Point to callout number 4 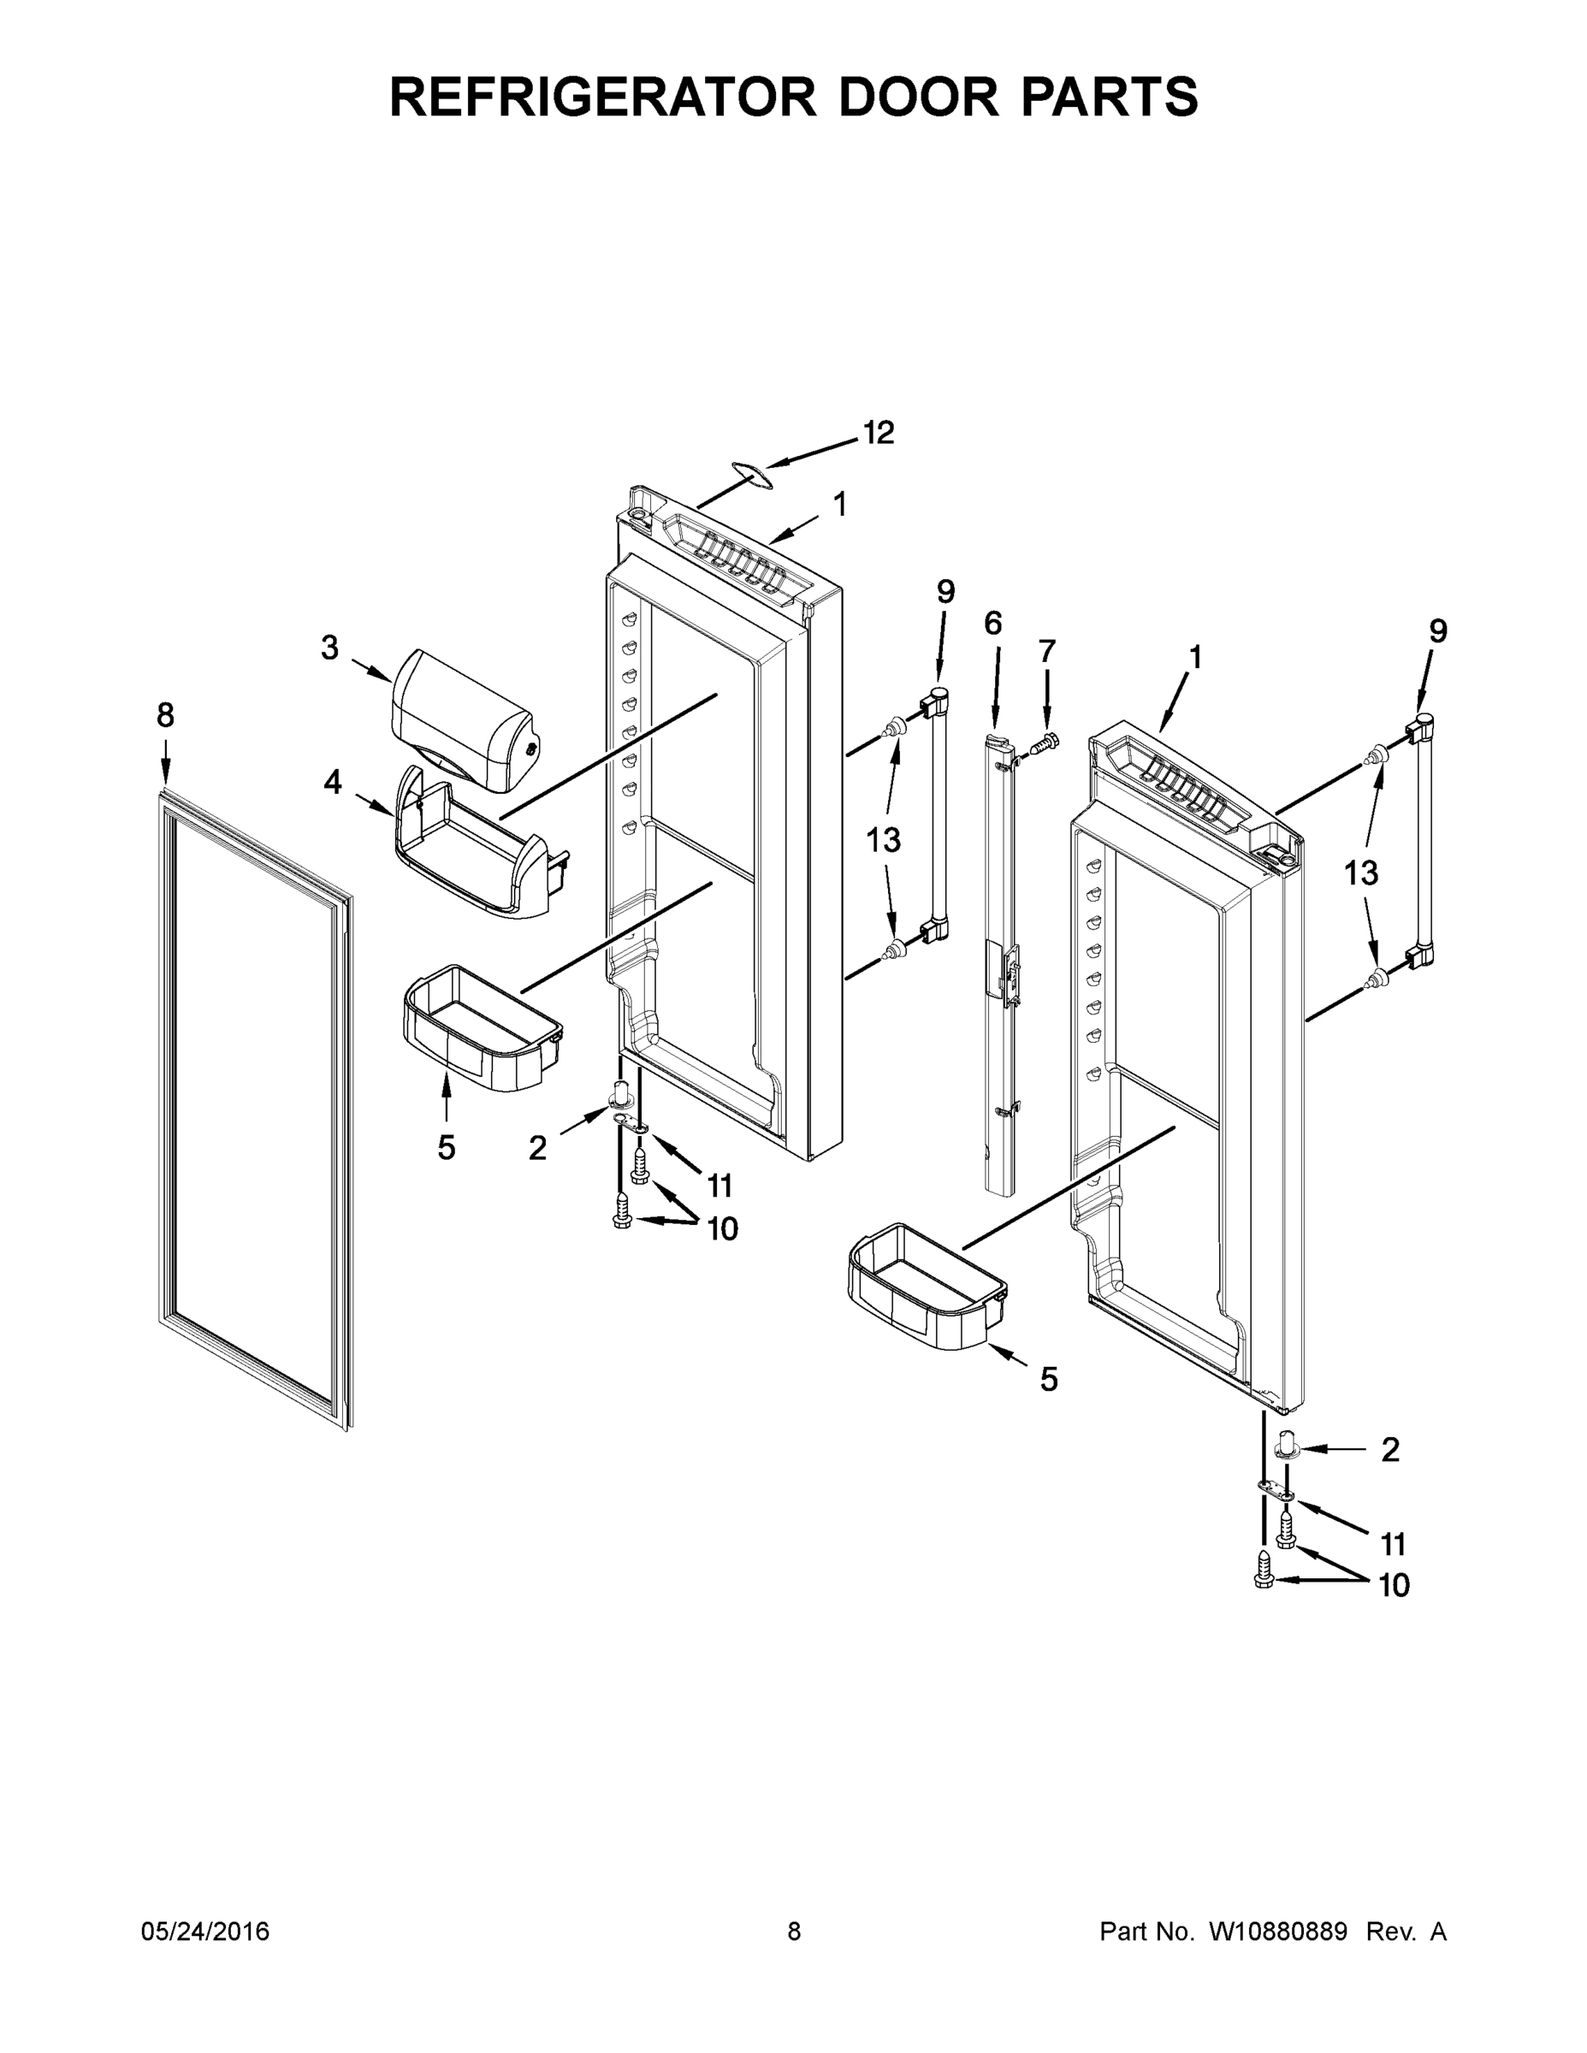[333, 781]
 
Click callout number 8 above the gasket [165, 715]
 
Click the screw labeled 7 [1044, 743]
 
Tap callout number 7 [1046, 650]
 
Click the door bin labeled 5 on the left [482, 1027]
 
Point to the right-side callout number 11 [1393, 1543]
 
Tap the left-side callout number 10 [722, 1228]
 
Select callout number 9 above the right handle [1437, 630]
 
